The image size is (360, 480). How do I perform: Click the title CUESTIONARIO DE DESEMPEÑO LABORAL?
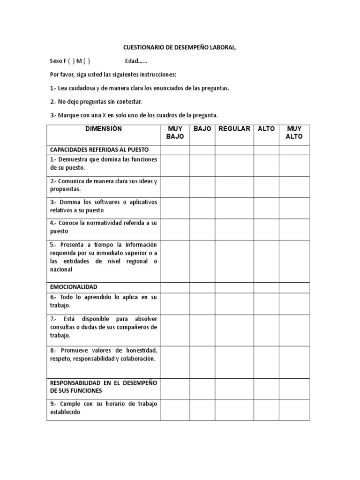click(x=180, y=47)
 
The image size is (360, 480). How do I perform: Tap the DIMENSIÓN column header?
click(x=104, y=129)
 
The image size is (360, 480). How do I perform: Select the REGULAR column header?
click(x=234, y=129)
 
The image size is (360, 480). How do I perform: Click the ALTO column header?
click(x=266, y=129)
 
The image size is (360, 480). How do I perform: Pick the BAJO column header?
click(x=202, y=129)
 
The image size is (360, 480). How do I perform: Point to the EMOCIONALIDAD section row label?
click(x=74, y=287)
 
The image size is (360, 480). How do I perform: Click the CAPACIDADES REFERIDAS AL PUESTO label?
click(x=99, y=150)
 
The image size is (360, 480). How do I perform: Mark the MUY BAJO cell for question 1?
click(x=175, y=165)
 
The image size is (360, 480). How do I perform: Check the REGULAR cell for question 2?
click(x=234, y=187)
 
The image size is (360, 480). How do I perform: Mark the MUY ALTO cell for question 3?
click(x=294, y=208)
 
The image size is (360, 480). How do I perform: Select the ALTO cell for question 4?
click(x=266, y=229)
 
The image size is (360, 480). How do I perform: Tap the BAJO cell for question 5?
click(x=202, y=261)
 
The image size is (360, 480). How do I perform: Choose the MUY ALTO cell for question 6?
click(x=294, y=303)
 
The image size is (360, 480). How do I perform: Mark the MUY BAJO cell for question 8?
click(x=175, y=362)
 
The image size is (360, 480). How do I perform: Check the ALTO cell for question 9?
click(x=266, y=410)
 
